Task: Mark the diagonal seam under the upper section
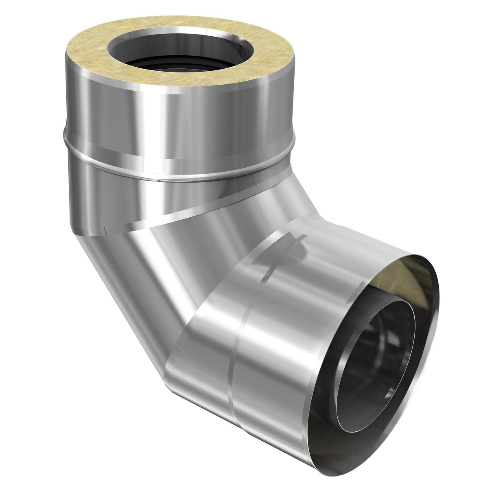[183, 212]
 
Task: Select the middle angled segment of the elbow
[163, 264]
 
